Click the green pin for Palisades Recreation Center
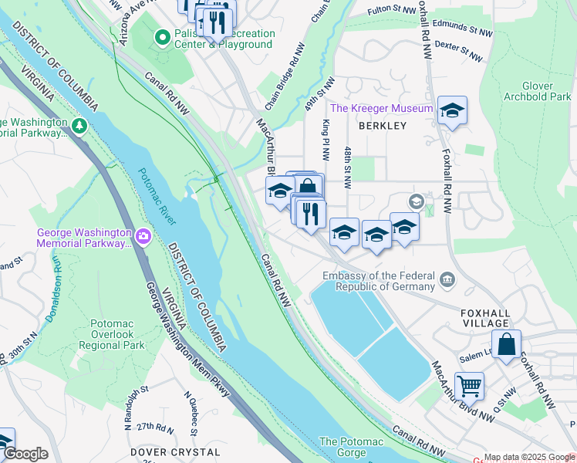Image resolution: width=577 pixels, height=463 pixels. (x=162, y=37)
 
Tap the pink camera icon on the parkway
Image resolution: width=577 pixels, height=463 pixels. (x=142, y=235)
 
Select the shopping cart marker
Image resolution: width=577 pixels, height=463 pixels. (x=469, y=385)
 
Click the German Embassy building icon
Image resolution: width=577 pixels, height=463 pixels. (x=447, y=279)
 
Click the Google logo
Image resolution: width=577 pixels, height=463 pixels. (x=25, y=454)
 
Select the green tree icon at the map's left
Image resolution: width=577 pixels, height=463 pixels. (x=78, y=125)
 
